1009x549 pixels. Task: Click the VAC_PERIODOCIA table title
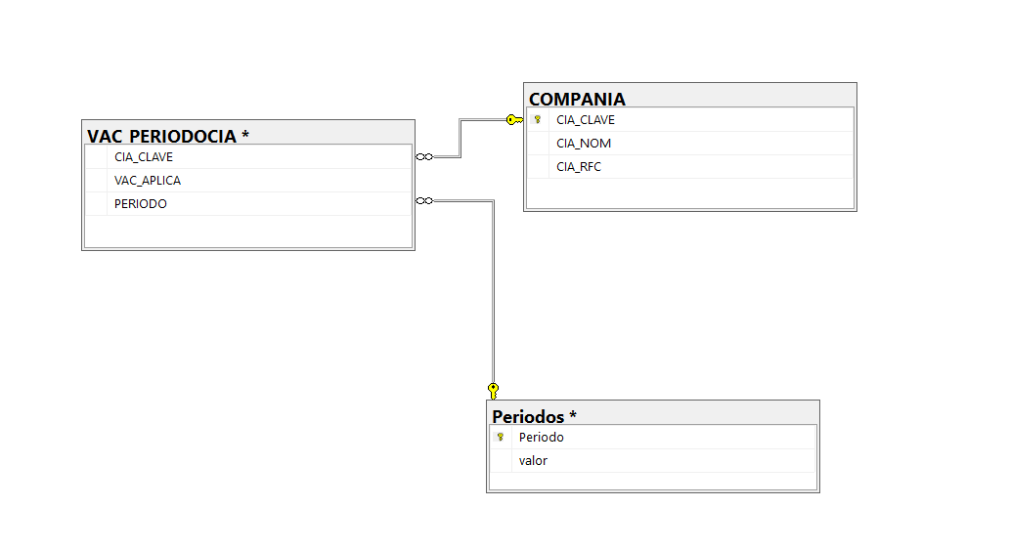click(161, 137)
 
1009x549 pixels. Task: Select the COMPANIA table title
click(577, 99)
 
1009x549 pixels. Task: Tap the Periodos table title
click(528, 416)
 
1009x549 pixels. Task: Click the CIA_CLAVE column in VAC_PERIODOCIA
click(144, 157)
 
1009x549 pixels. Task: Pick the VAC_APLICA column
click(148, 181)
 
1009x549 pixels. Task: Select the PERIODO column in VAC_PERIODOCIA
click(140, 204)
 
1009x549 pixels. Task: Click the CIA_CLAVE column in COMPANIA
click(586, 119)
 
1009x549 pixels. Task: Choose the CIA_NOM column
click(584, 144)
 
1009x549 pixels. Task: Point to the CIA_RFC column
click(579, 166)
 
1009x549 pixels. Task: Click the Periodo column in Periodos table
click(542, 437)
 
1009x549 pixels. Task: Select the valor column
click(533, 460)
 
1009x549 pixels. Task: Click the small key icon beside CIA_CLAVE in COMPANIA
click(538, 119)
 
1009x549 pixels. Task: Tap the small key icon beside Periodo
click(500, 437)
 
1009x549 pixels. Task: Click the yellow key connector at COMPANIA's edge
click(514, 119)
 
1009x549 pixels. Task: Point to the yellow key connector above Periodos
click(493, 391)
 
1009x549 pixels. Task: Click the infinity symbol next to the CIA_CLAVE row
click(424, 157)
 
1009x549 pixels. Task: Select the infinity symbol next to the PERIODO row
click(424, 200)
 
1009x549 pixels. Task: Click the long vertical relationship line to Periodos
click(494, 292)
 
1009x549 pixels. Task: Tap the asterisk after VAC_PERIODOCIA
click(245, 134)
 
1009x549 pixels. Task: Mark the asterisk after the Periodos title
click(573, 414)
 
